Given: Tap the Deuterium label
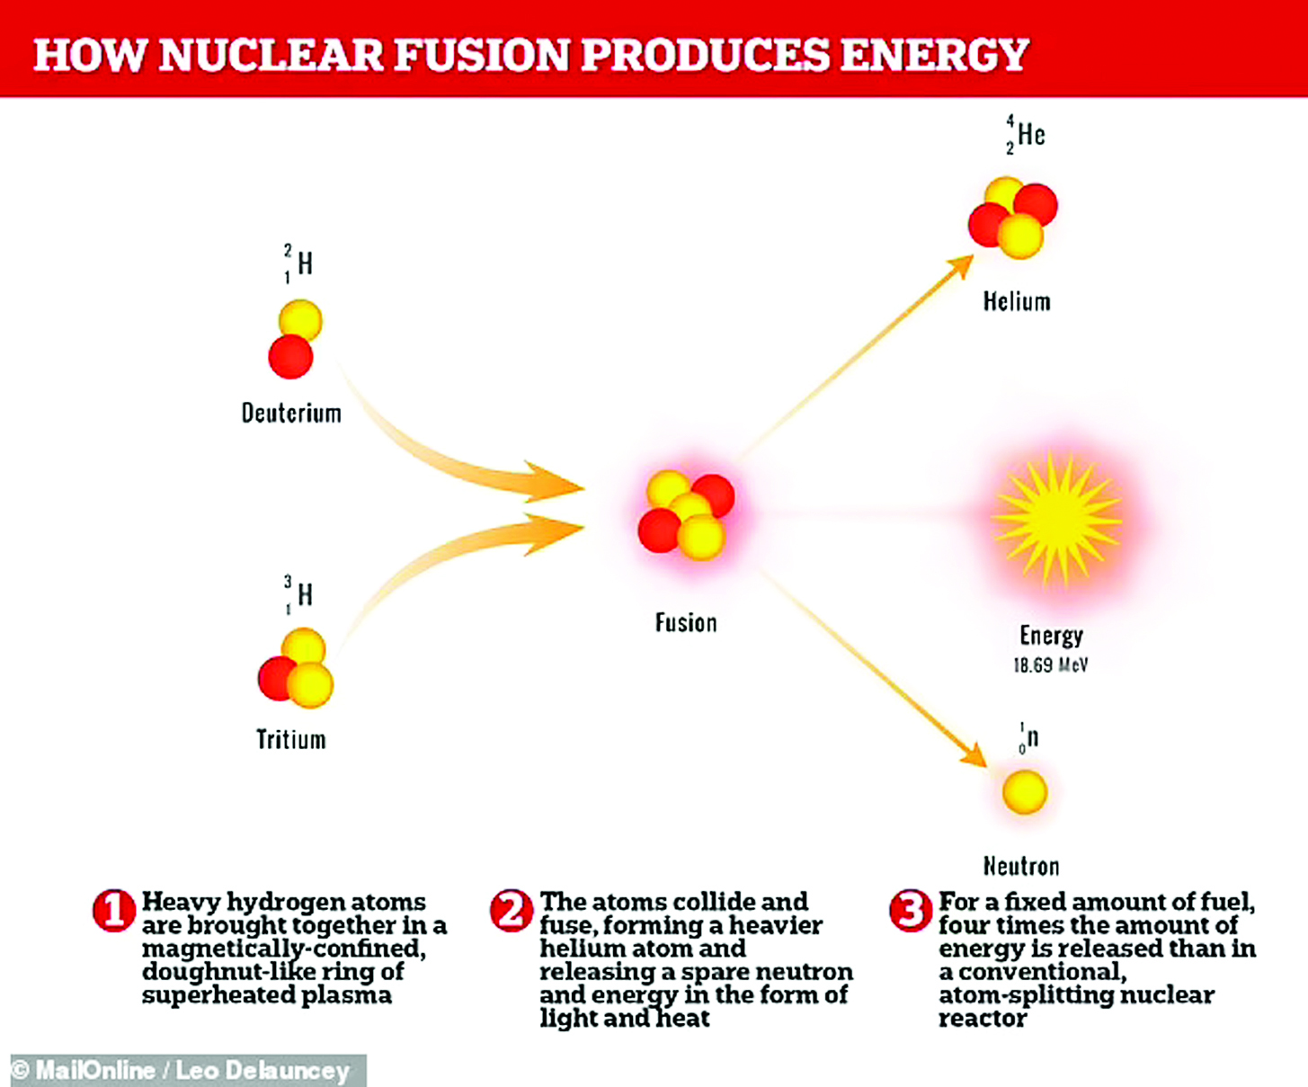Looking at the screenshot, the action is click(291, 414).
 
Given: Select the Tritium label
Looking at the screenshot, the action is click(291, 740).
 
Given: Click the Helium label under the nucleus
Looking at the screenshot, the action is click(1017, 302).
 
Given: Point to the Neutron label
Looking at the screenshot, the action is click(1021, 867).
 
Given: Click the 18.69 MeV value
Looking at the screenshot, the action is click(1051, 664).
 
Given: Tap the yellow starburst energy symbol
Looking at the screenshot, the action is click(1057, 520).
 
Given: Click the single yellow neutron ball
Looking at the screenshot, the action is click(1025, 792).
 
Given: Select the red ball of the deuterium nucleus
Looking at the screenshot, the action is click(290, 357).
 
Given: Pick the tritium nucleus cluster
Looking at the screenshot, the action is click(295, 668).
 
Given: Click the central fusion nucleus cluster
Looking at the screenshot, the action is click(687, 515).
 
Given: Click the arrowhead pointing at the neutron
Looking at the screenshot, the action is click(973, 754).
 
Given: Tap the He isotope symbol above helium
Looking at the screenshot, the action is click(1026, 135).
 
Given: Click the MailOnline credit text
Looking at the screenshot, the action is click(181, 1070).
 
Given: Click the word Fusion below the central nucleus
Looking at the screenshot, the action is click(686, 623).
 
